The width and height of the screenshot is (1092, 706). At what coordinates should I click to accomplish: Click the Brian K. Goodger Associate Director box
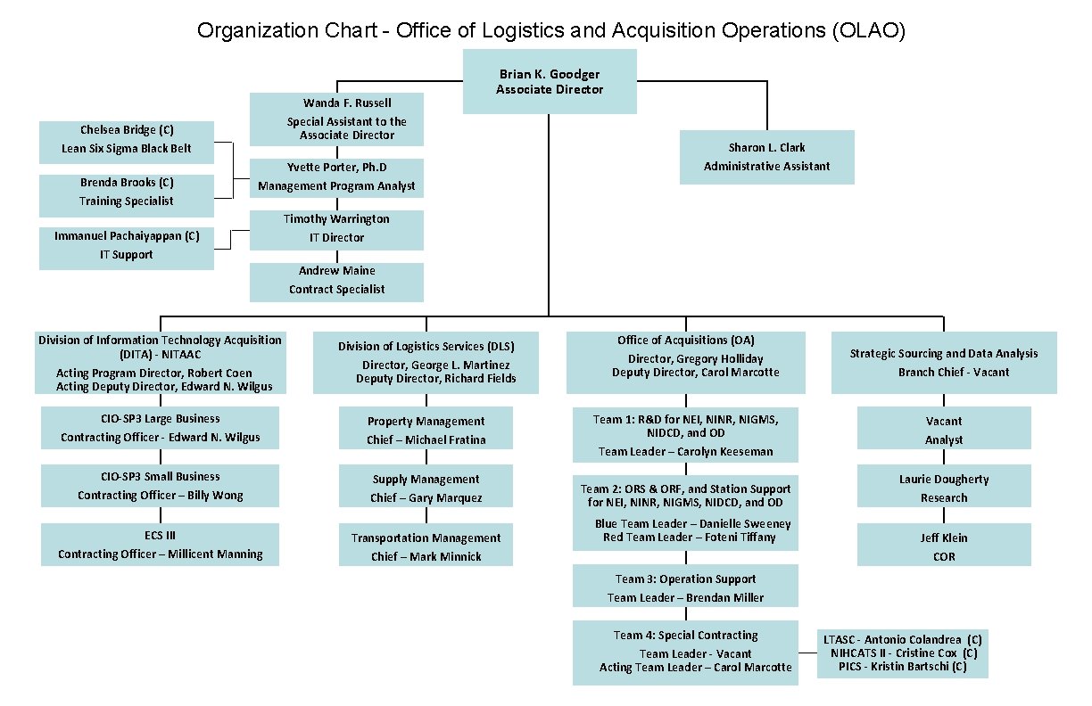[x=549, y=81]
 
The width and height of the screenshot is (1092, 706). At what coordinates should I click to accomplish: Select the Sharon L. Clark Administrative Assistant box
[x=766, y=157]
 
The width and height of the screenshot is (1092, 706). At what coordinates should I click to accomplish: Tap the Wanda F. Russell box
[x=336, y=119]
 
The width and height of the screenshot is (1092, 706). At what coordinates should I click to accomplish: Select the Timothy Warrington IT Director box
[x=336, y=229]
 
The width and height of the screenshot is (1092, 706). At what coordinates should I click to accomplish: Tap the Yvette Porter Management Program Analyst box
[x=336, y=177]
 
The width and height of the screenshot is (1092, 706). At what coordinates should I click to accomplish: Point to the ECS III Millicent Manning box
[x=160, y=544]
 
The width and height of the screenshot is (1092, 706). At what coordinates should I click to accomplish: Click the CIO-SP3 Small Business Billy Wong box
[x=160, y=485]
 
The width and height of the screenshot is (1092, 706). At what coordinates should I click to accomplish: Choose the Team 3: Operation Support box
[x=685, y=587]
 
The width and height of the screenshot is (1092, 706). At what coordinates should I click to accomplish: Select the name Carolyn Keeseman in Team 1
[x=724, y=451]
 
